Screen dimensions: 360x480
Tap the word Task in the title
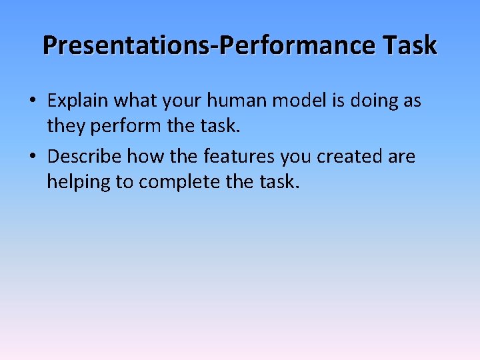[411, 45]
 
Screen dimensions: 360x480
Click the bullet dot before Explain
[32, 101]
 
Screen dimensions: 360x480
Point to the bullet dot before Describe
[32, 157]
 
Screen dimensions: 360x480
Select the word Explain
[78, 101]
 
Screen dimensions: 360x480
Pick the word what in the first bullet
[134, 101]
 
